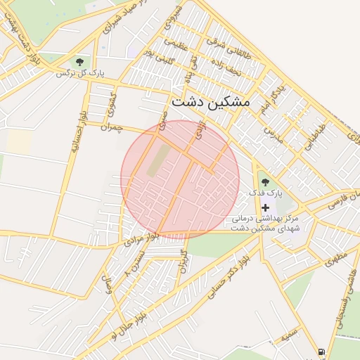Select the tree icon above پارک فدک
265,182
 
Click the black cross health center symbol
265,208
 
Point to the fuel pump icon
321,352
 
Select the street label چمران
111,128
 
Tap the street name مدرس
272,132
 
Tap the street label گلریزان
184,261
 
